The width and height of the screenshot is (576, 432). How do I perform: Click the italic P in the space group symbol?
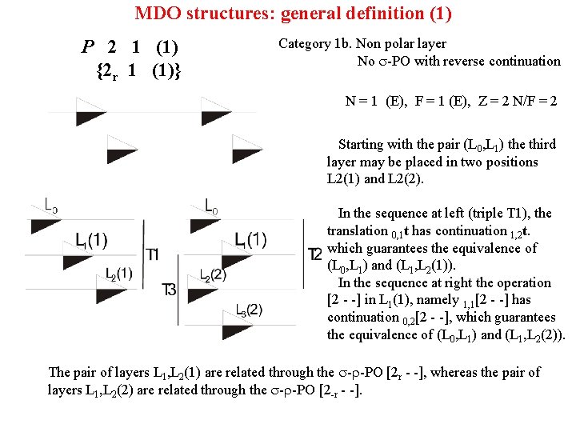[x=87, y=46]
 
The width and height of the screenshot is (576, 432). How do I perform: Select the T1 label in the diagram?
[x=153, y=254]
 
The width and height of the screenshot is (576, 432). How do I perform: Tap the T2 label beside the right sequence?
[x=314, y=254]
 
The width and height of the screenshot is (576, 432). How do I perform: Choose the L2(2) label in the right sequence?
[x=213, y=275]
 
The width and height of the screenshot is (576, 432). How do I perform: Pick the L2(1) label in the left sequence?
[x=118, y=274]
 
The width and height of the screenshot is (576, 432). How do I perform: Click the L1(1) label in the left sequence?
[x=91, y=240]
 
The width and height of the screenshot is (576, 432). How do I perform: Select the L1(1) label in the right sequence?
[x=251, y=239]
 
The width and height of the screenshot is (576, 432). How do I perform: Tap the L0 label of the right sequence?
[x=211, y=206]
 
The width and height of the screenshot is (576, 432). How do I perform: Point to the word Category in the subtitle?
[x=305, y=44]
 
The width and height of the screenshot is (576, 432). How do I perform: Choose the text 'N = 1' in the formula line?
[x=362, y=102]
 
